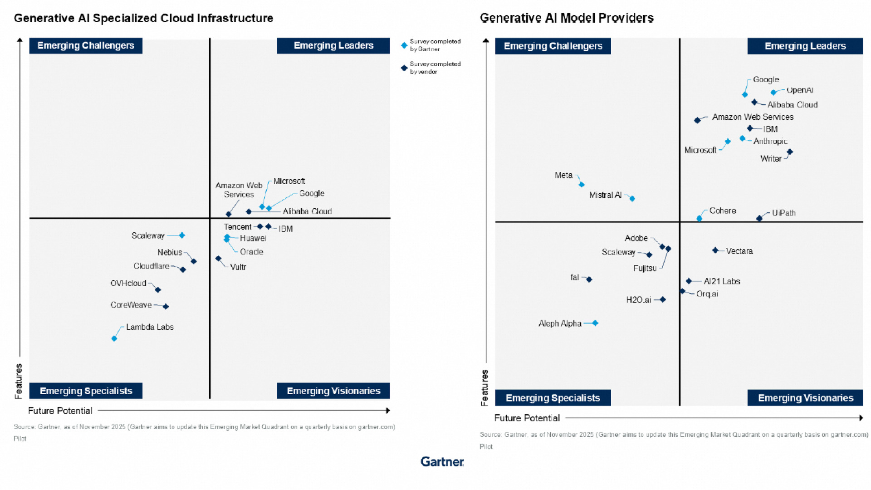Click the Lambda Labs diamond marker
tap(114, 338)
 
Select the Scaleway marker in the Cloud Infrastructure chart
tap(182, 235)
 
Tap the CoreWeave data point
tap(166, 307)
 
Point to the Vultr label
tap(238, 267)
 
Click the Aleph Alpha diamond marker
tap(595, 323)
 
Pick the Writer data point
tap(790, 152)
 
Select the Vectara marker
tap(715, 250)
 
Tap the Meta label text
tap(563, 175)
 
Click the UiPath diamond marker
tap(759, 218)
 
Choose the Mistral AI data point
tap(632, 199)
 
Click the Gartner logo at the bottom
tap(442, 462)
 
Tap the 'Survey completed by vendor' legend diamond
tap(404, 68)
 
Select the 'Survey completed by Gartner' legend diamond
tap(404, 45)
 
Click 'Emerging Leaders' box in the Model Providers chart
tap(805, 46)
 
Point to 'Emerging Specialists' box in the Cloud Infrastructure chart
tap(86, 391)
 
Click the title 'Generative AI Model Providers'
tap(567, 18)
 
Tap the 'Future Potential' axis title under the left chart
tap(60, 411)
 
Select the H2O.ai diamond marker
tap(663, 299)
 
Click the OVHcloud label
tap(128, 283)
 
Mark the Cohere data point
tap(700, 218)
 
